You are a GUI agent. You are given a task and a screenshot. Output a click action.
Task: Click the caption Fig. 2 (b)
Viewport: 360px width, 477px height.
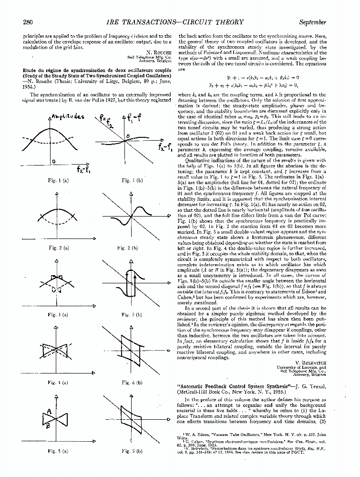(x=128, y=248)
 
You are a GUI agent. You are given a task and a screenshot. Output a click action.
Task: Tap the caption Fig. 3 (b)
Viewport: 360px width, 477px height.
(x=128, y=315)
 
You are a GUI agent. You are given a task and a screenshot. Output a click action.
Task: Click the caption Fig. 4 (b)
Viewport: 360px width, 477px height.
(x=128, y=383)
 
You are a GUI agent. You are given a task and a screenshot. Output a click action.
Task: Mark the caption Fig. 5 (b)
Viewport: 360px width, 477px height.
(x=128, y=450)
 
